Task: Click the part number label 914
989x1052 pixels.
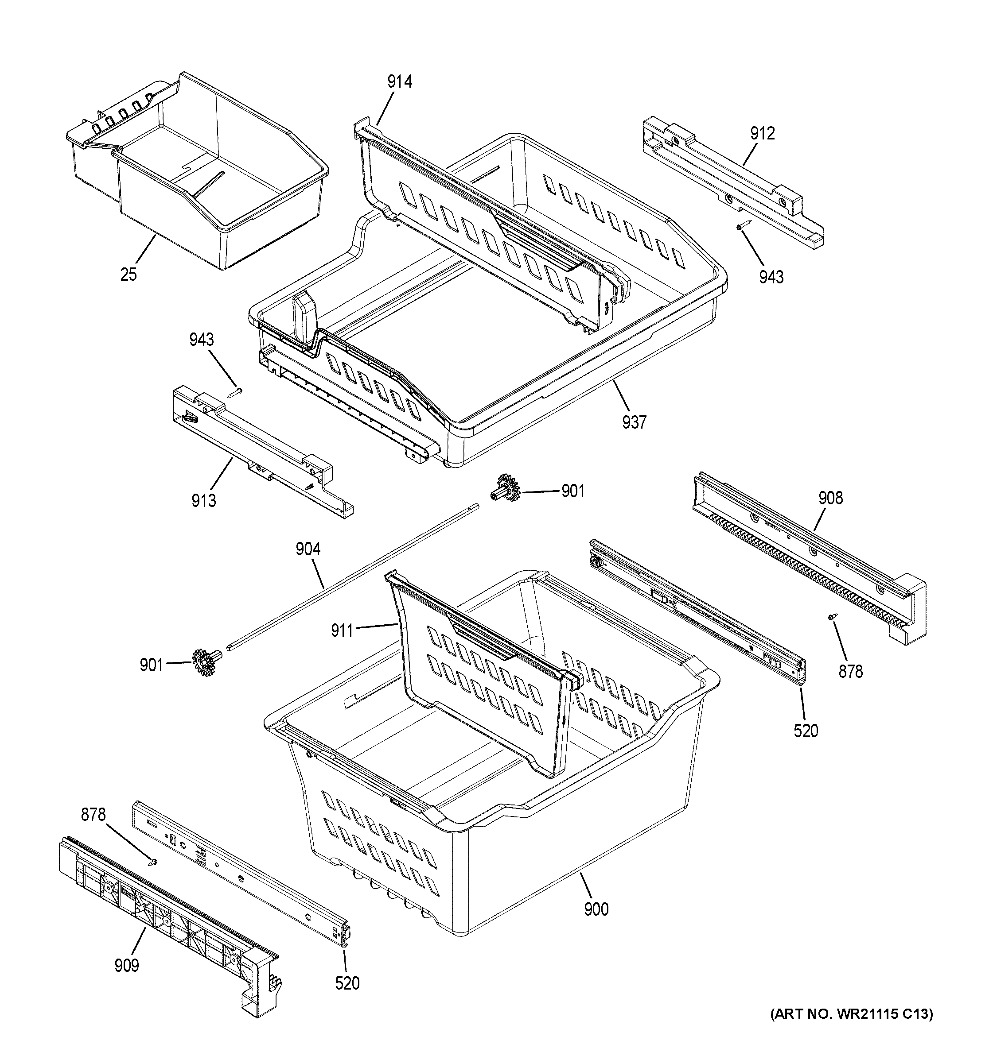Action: point(399,82)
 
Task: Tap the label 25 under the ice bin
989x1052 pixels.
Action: point(128,275)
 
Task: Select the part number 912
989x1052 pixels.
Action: point(762,133)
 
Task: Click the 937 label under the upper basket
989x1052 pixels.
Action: point(634,422)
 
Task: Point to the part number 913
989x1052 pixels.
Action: point(204,500)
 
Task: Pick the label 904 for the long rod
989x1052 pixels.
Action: point(308,549)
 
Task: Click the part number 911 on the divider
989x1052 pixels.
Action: point(342,630)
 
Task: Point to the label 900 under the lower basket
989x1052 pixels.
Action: point(596,909)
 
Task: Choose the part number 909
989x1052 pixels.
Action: point(127,965)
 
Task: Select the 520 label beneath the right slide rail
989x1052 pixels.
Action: point(806,731)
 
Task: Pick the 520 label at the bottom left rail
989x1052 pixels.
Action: point(347,983)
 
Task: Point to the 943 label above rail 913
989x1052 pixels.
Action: point(202,339)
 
